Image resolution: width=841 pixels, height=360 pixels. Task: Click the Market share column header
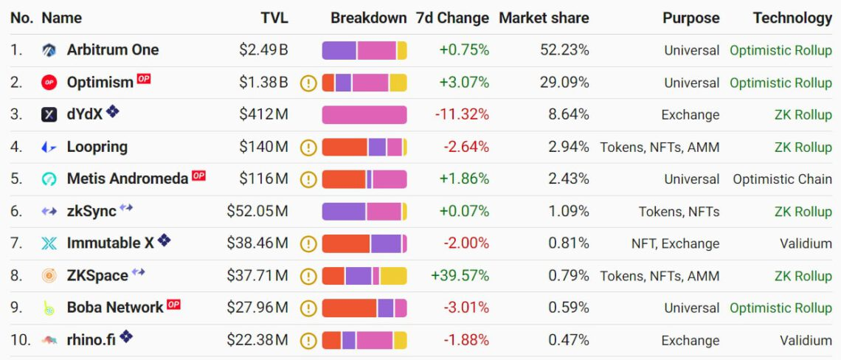(544, 18)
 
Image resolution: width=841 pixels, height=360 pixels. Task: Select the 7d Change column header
(452, 18)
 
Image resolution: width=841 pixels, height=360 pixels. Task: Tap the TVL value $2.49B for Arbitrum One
(263, 50)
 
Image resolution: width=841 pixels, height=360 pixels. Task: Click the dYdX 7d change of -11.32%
(462, 114)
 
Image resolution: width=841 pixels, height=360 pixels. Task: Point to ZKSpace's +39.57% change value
(460, 276)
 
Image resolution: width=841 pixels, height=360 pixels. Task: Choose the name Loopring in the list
(97, 147)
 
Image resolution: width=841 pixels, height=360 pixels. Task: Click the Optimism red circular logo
(49, 83)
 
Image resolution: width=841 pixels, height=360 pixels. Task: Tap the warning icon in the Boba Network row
(308, 308)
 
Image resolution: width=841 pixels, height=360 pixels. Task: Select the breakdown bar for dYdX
(364, 114)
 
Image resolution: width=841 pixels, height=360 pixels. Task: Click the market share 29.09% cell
(564, 83)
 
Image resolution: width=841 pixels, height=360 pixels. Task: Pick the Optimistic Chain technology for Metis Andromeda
(782, 179)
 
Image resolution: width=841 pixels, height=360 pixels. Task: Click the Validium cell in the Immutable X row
(806, 243)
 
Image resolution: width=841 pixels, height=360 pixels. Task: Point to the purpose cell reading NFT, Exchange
(675, 243)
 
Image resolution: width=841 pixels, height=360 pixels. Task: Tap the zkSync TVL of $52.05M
(257, 212)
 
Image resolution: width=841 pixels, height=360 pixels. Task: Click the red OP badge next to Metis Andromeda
(198, 176)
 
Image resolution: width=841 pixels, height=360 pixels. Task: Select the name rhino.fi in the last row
(91, 340)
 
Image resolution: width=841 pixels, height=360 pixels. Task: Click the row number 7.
(16, 243)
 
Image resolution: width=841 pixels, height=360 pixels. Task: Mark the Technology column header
(792, 18)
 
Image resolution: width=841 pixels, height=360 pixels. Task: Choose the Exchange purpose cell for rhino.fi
(690, 340)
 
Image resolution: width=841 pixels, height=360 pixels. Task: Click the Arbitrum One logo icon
(49, 50)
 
